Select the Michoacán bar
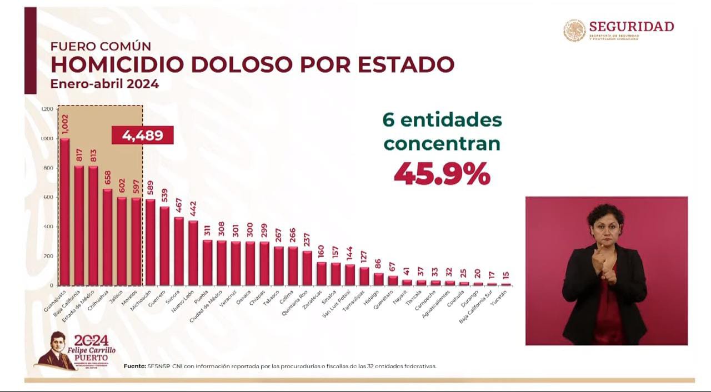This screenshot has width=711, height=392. coord(151,242)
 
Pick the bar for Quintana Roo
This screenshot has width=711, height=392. coord(307,268)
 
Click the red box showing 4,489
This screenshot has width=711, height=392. coord(143,135)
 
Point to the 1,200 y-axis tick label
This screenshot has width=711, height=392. coord(47,109)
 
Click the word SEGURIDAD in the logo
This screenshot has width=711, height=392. coord(632,26)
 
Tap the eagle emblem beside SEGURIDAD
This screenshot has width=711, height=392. coord(574,31)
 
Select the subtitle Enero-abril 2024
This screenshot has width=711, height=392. coord(104,84)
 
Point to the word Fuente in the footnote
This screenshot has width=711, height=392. coord(134,366)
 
